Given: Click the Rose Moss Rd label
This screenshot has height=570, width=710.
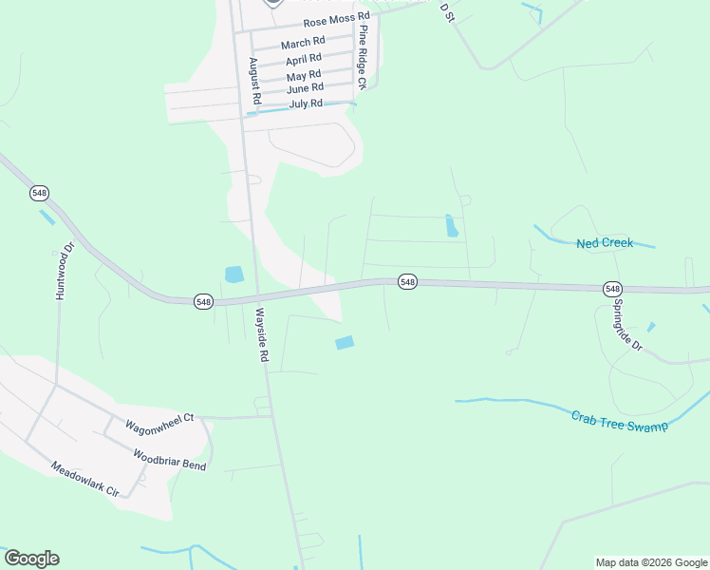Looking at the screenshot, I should pos(336,20).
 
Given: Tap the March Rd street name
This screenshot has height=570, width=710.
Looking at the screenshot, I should pos(303,43).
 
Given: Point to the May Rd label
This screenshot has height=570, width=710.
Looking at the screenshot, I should pos(304,74).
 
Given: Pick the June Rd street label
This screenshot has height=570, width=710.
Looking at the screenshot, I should pos(306,88).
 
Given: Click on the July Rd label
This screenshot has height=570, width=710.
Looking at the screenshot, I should pos(306,103).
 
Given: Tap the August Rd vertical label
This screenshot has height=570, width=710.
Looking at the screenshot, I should pos(254,81).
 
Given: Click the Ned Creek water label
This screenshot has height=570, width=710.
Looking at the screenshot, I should pos(605,243).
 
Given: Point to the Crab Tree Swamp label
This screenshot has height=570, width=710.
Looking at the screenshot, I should pos(620,421).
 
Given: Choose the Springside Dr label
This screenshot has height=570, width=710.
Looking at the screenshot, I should pos(627,325).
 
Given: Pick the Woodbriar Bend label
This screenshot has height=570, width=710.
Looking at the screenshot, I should pos(169,460).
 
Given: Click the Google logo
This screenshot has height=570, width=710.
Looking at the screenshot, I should pos(31,559).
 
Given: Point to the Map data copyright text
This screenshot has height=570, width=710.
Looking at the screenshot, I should pos(651,562).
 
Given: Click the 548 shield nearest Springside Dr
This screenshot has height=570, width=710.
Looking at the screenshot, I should pos(611,288).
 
